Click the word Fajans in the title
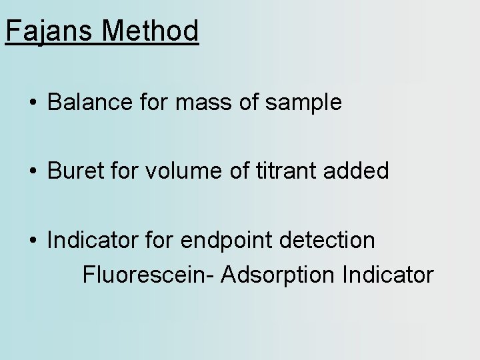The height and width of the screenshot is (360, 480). [45, 31]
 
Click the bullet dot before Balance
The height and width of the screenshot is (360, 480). [32, 103]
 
